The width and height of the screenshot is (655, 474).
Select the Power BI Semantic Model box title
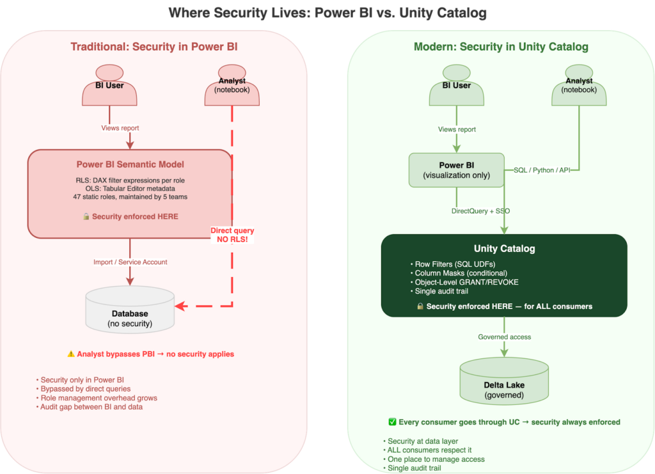point(130,164)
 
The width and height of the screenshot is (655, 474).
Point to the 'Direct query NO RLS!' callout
point(232,234)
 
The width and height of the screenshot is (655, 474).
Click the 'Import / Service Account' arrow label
point(130,261)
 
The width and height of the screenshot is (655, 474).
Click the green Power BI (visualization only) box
point(456,170)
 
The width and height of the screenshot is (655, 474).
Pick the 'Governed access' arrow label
point(505,336)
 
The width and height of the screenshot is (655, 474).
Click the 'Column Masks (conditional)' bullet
point(453,273)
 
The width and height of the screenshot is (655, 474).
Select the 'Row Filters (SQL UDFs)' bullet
point(447,264)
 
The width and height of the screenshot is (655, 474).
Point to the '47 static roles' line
point(130,197)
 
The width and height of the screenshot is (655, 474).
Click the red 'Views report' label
point(120,128)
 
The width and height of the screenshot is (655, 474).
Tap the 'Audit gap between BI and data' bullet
point(90,407)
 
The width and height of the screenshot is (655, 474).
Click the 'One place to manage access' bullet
point(435,459)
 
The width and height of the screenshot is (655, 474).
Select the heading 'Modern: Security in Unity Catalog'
point(501,47)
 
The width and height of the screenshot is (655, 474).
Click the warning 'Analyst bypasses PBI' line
point(150,354)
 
